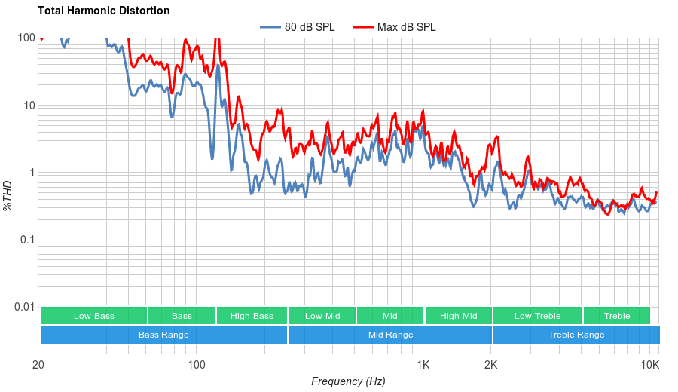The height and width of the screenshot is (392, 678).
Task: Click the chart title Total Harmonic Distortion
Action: pos(103,11)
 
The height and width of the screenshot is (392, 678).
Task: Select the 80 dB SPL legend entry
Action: pos(309,27)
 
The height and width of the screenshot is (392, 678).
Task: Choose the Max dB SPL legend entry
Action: pos(406,27)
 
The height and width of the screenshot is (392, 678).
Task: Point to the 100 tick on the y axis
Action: pos(26,38)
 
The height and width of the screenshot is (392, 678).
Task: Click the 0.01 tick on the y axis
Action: pos(24,307)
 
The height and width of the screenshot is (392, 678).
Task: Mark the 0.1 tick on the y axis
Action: pos(27,240)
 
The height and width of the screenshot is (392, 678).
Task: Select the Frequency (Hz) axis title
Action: pos(348,381)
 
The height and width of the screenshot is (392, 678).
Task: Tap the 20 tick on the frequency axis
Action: pos(38,365)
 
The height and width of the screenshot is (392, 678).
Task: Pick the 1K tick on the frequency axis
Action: pos(423,365)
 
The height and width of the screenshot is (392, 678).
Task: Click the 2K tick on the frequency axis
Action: pos(491,365)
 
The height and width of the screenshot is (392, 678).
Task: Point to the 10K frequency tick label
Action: pos(650,365)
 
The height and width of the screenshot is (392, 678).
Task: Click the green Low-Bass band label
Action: pos(94,316)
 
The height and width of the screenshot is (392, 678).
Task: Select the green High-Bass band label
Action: pos(252,316)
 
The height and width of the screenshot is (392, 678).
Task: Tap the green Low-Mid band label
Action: pos(322,316)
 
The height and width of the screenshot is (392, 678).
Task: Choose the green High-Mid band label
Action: pos(458,316)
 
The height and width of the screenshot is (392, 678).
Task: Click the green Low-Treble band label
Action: pos(537,316)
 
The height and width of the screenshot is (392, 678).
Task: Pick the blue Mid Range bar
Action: pos(390,335)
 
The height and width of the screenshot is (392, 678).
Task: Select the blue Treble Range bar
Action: pos(576,335)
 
